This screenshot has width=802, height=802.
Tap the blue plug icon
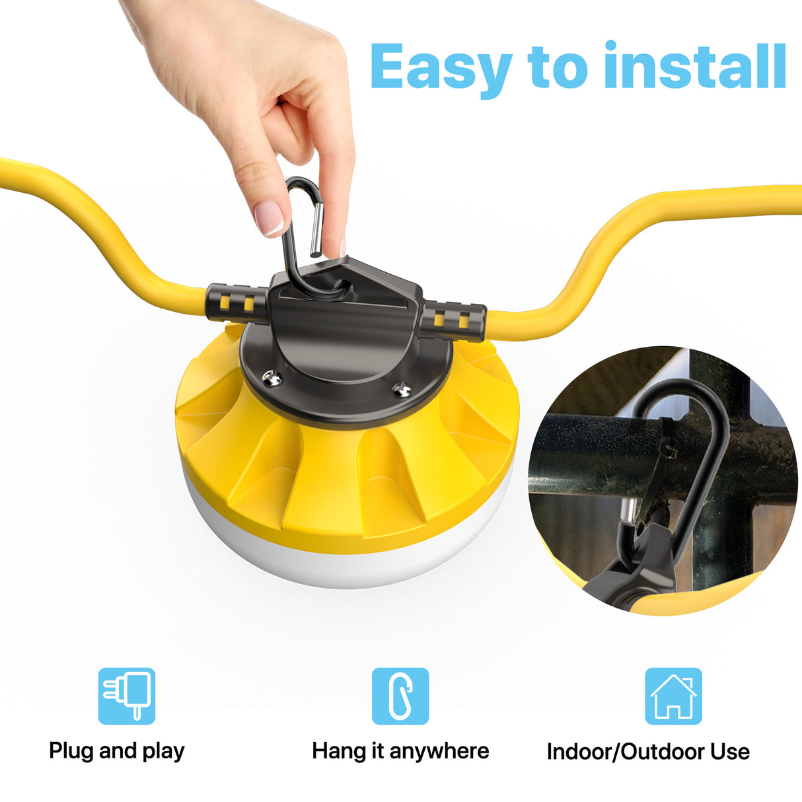[x=127, y=696]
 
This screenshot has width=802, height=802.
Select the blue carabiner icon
[x=400, y=696]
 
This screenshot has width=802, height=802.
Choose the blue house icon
[x=673, y=696]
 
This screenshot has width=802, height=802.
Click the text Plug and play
[x=117, y=751]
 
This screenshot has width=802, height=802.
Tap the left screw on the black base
[x=271, y=379]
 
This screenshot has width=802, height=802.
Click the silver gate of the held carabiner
[x=316, y=230]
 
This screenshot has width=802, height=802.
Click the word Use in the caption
[x=730, y=752]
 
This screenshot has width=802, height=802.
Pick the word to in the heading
[x=558, y=67]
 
